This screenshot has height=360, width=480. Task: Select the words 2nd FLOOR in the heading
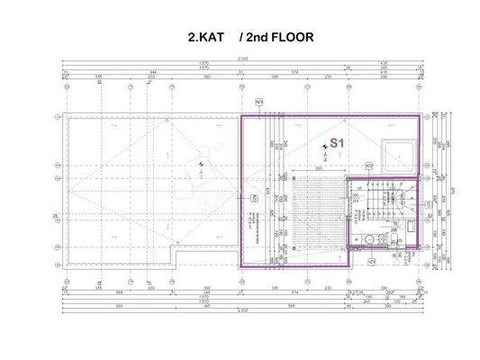(x=280, y=40)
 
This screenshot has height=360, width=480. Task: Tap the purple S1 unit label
(x=339, y=142)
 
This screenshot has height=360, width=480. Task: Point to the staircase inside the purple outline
(x=383, y=205)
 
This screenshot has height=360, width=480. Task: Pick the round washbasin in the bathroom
(x=370, y=238)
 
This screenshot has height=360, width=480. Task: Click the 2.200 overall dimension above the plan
(x=240, y=60)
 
